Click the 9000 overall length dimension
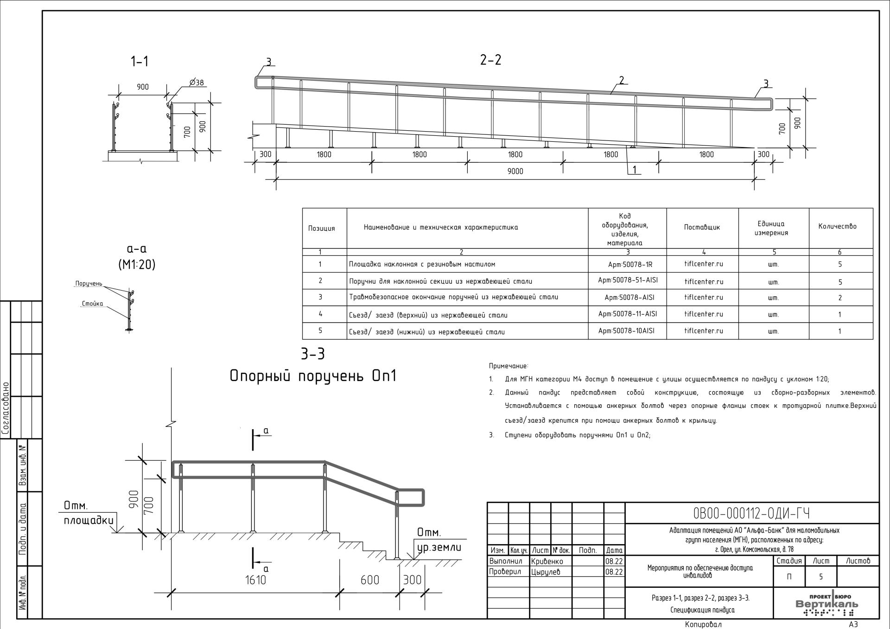(515, 171)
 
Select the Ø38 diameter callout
(196, 83)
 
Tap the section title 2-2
(490, 60)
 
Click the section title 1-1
(140, 61)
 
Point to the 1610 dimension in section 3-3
(255, 579)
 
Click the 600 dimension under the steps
(369, 579)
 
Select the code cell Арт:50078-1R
(628, 264)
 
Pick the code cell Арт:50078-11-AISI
(628, 314)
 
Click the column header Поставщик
(702, 227)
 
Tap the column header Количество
(837, 226)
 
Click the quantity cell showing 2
(839, 298)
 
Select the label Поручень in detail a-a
(89, 284)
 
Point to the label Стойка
(92, 304)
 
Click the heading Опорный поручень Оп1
(313, 376)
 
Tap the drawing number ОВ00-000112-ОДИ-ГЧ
(751, 513)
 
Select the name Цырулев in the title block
(546, 572)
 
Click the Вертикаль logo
(826, 604)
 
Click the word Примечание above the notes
(508, 366)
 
